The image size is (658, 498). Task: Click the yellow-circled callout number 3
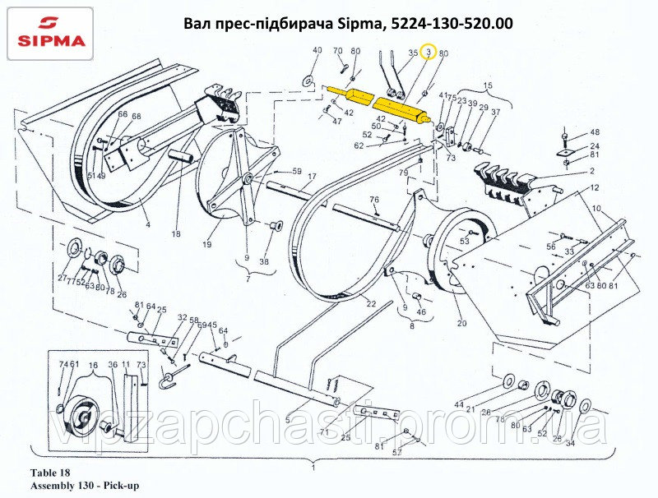[428, 53]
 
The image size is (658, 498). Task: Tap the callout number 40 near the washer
[317, 51]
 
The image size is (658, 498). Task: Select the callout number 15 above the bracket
[487, 86]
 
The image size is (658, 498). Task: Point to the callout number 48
[594, 132]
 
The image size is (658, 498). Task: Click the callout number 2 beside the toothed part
[591, 171]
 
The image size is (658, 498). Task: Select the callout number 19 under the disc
[207, 244]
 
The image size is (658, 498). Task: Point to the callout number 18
[175, 234]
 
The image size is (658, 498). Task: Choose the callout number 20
[461, 323]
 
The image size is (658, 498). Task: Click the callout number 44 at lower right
[459, 405]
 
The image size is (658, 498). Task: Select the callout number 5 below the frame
[287, 420]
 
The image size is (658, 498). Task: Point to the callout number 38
[264, 262]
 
